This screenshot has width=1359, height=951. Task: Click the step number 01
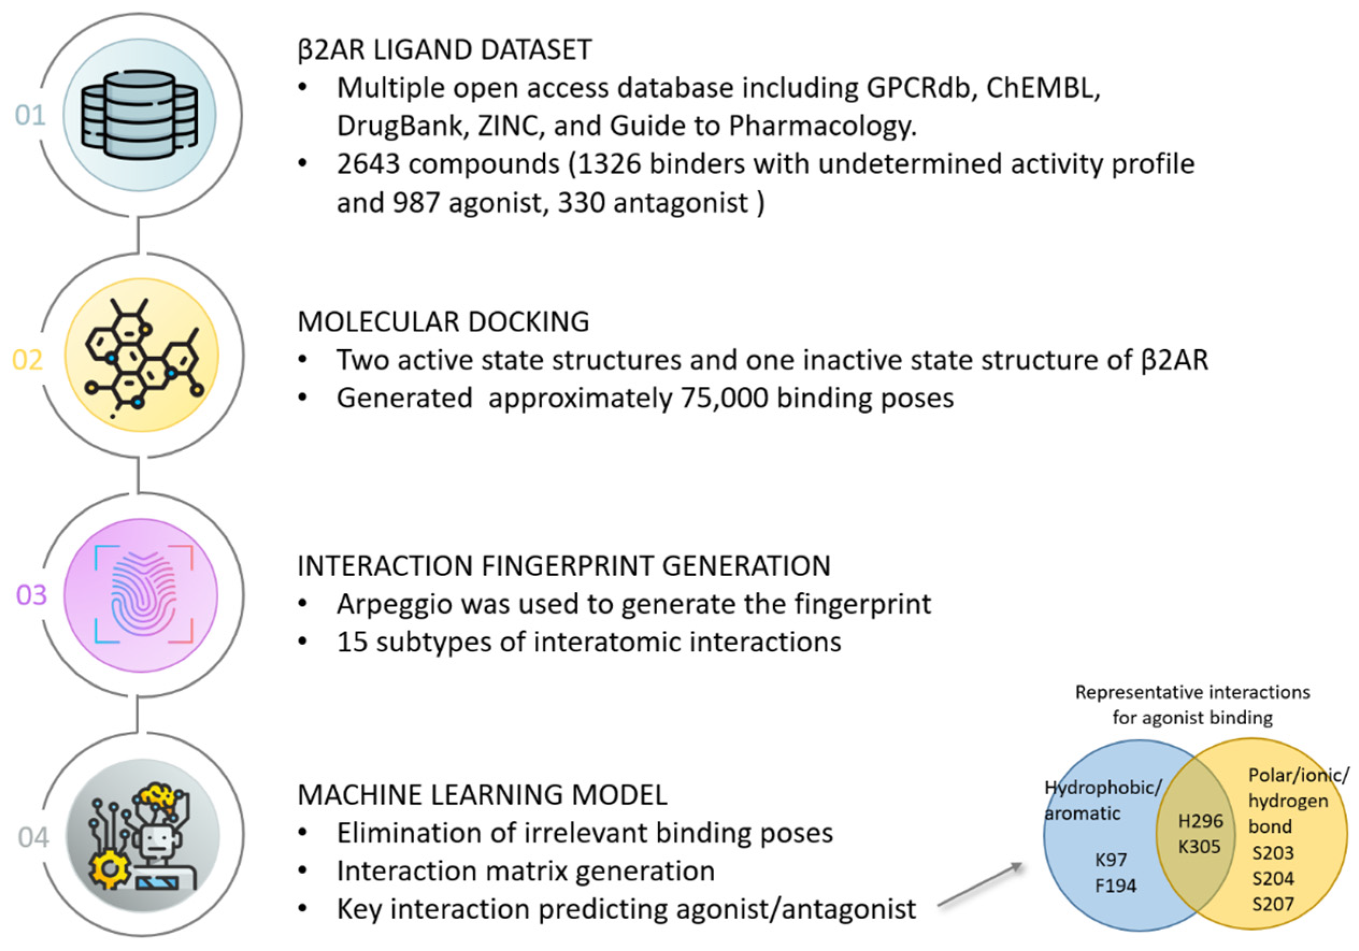[x=30, y=115]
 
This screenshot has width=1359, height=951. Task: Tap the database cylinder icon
[x=140, y=115]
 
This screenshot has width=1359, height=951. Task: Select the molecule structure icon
[x=142, y=356]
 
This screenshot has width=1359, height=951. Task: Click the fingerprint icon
[x=142, y=595]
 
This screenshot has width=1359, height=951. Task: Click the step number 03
[x=31, y=595]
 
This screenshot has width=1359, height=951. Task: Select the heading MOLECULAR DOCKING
[x=443, y=322]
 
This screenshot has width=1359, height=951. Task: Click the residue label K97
[x=1110, y=859]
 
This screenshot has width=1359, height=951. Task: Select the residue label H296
[x=1200, y=821]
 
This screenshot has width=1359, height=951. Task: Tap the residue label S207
[x=1272, y=904]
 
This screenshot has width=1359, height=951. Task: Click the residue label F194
[x=1115, y=885]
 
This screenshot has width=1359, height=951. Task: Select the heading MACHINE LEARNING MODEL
[x=482, y=795]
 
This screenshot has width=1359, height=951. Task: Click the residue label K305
[x=1198, y=847]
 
